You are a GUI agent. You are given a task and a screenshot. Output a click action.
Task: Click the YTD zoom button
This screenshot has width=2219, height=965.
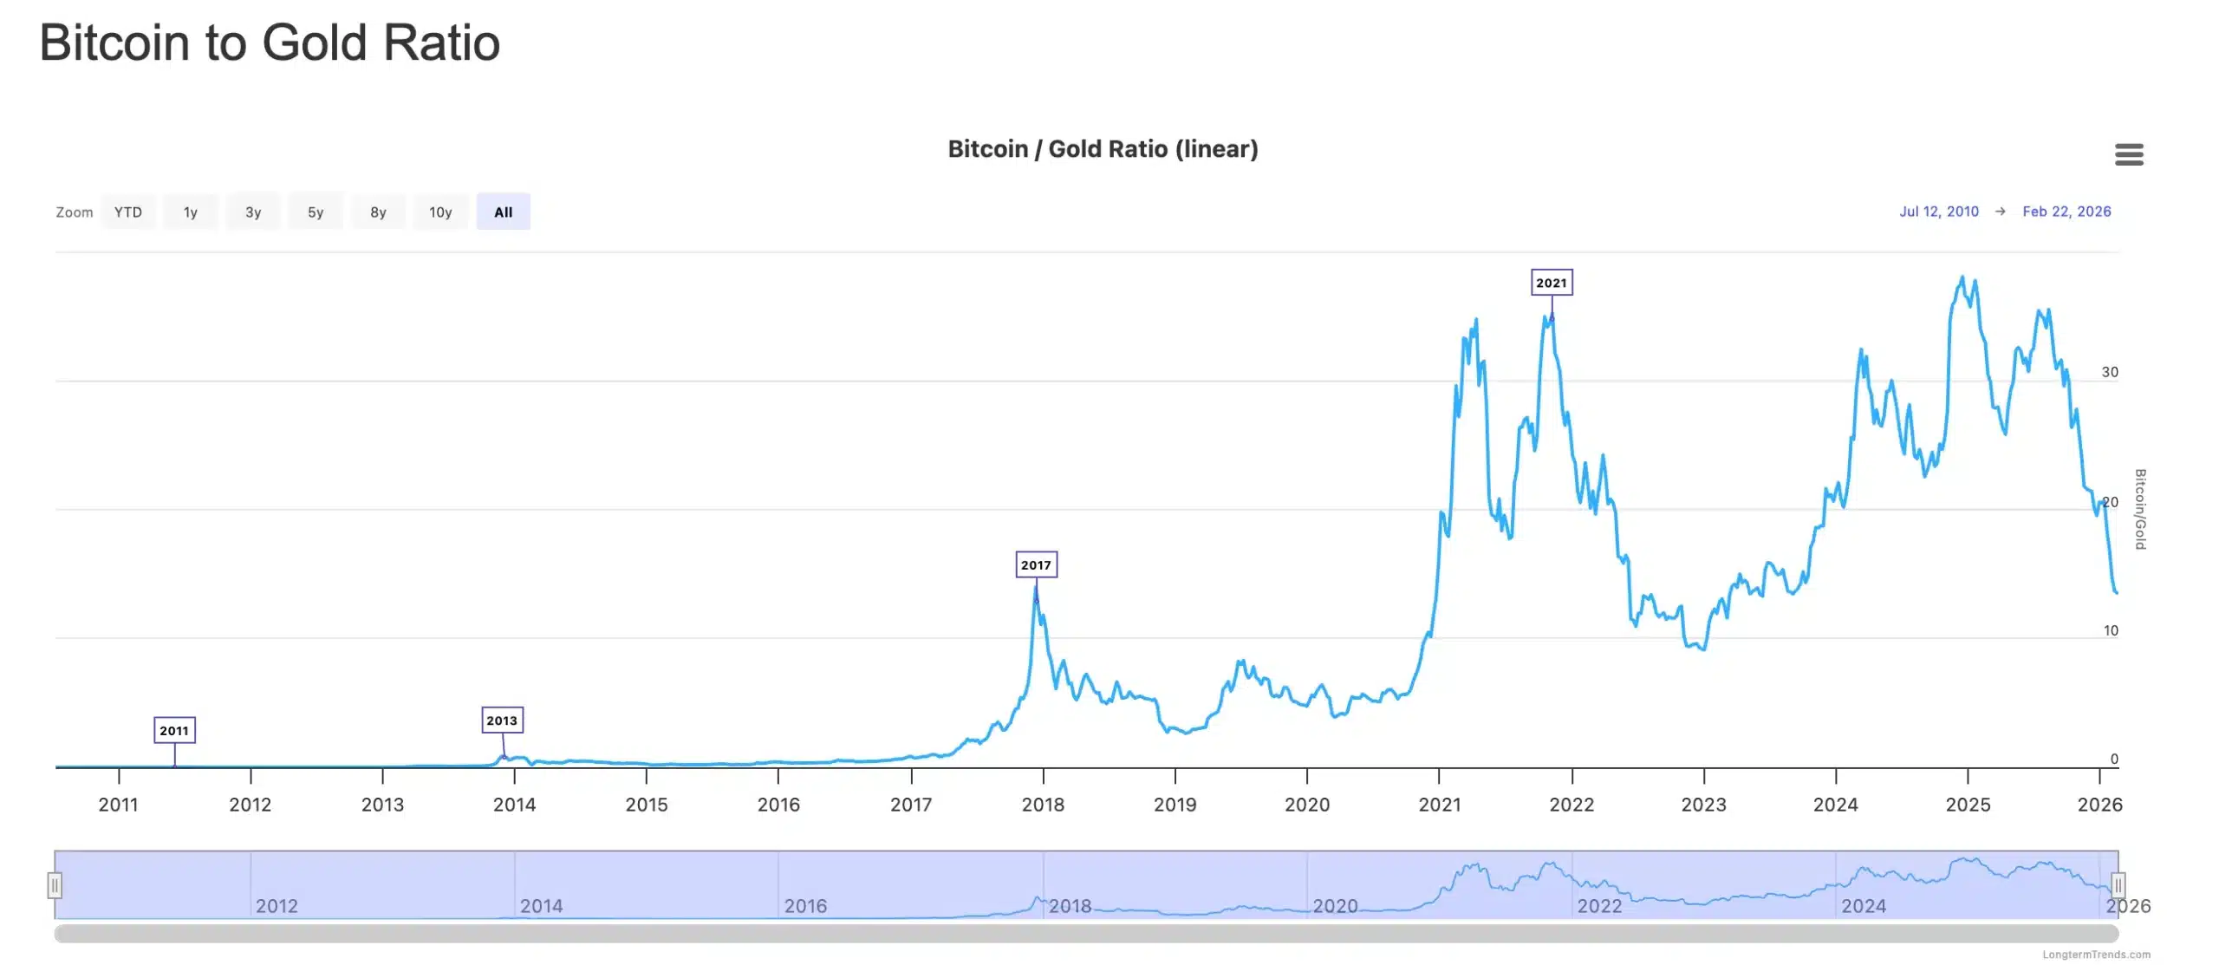coord(128,212)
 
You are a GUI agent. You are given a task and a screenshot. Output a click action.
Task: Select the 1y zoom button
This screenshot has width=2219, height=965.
coord(191,212)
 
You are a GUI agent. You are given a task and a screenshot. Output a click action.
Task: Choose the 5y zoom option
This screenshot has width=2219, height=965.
coord(316,212)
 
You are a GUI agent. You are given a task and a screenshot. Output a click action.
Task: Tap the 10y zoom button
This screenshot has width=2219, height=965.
coord(440,212)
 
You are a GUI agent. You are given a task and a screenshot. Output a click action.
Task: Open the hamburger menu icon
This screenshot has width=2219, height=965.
coord(2129,155)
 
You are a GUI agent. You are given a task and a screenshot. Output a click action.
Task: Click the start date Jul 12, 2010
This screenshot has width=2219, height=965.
coord(1939,212)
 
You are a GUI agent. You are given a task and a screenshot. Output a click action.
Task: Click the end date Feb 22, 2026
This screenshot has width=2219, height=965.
coord(2066,212)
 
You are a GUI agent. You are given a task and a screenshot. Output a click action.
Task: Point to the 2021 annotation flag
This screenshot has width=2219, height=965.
coord(1552,283)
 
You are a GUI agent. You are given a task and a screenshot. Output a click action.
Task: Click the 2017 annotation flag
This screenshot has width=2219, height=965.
coord(1036,564)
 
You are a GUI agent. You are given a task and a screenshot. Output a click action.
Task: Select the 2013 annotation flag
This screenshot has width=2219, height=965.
coord(502,720)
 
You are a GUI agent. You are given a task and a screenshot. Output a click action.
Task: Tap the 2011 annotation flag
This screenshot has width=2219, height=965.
coord(174,730)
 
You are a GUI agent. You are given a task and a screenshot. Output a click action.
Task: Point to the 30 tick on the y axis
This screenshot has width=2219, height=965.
coord(2110,372)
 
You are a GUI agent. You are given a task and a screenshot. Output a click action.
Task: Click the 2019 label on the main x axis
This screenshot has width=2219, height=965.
coord(1175,805)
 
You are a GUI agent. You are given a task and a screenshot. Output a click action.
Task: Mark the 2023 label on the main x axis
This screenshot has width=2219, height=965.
coord(1703,805)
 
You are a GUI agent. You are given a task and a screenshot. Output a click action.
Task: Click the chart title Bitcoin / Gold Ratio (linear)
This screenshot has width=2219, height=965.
coord(1103,149)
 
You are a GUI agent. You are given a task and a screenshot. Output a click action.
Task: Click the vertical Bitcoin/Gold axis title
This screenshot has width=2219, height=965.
coord(2139,509)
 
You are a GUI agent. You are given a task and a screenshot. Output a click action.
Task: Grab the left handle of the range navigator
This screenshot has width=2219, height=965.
coord(55,885)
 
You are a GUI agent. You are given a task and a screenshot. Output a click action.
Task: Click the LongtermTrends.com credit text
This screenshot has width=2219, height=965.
coord(2096,955)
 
